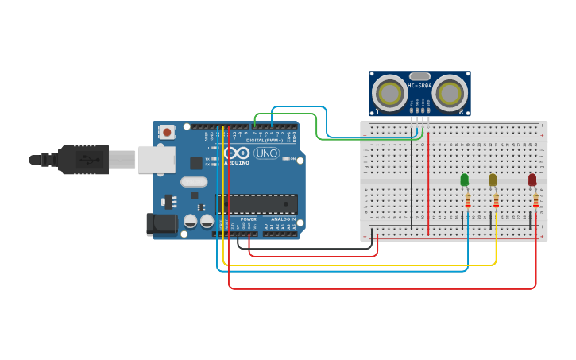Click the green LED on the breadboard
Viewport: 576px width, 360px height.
(x=464, y=180)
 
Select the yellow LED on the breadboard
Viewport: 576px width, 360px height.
(x=493, y=180)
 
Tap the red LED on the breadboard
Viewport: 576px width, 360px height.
(x=532, y=180)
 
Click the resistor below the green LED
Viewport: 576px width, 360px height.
(x=467, y=201)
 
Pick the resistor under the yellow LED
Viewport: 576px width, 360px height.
(x=496, y=201)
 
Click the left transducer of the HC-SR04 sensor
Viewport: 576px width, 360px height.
(x=390, y=93)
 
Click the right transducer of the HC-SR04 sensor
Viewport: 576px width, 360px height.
(x=449, y=93)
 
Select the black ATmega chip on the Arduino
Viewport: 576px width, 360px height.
(x=256, y=204)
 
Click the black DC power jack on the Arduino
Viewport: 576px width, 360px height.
(x=162, y=224)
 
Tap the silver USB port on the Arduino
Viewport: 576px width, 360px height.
(x=157, y=159)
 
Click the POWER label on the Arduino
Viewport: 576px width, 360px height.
(x=249, y=219)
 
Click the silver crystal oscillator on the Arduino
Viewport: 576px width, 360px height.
(x=194, y=182)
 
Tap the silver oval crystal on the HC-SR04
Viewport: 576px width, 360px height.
(x=419, y=77)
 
